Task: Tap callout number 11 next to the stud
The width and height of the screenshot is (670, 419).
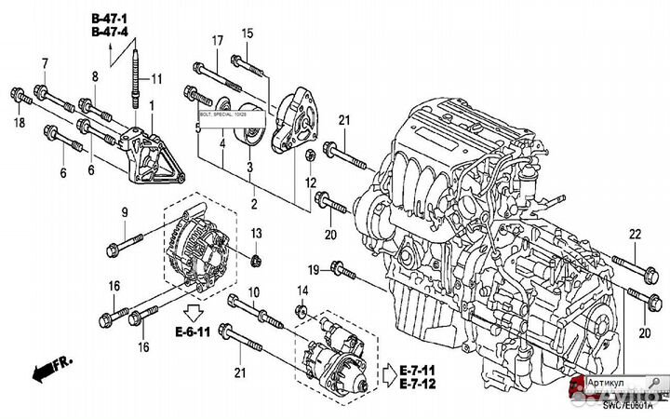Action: click(x=156, y=77)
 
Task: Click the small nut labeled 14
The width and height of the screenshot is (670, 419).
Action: click(x=301, y=309)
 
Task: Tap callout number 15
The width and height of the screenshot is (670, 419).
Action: click(x=248, y=34)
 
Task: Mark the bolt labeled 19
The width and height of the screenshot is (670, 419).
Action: click(x=342, y=271)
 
